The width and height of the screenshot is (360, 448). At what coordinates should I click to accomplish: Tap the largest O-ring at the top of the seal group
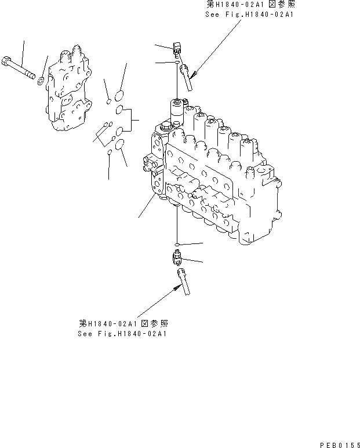coord(119,94)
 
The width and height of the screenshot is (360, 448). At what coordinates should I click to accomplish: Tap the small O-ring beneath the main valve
coord(177,244)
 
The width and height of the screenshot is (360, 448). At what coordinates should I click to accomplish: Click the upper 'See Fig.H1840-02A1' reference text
coord(250,14)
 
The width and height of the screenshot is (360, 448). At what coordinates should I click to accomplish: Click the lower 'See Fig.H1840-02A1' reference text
coord(124,334)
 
